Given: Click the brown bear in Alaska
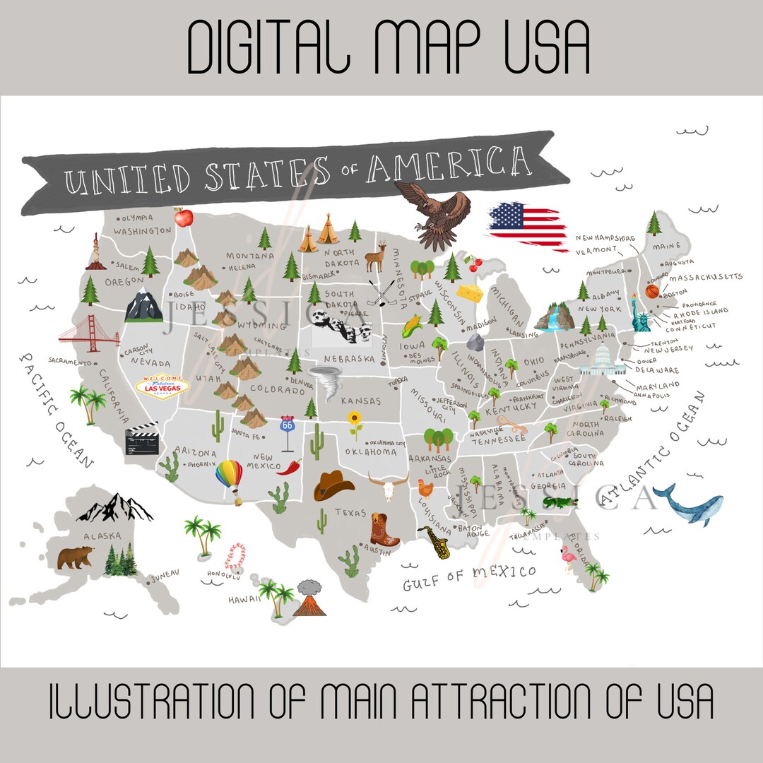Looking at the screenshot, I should tap(76, 557).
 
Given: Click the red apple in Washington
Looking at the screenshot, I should tap(183, 217).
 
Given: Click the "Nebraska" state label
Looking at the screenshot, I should tap(349, 358).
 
